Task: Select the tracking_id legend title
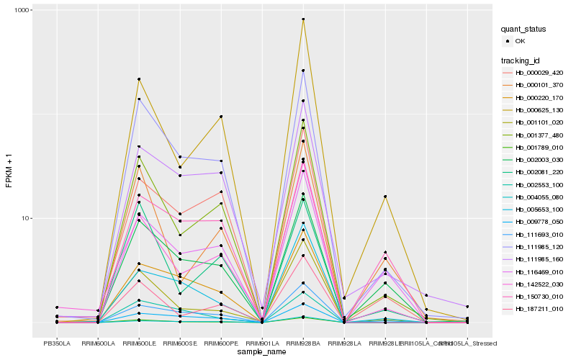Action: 523,60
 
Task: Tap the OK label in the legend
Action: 521,41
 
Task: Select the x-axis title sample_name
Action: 262,352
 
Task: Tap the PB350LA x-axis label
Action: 57,343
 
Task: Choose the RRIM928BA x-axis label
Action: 303,343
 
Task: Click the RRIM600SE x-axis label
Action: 180,343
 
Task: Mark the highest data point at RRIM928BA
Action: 303,19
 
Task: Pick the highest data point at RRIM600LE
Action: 139,79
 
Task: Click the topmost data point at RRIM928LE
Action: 385,197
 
